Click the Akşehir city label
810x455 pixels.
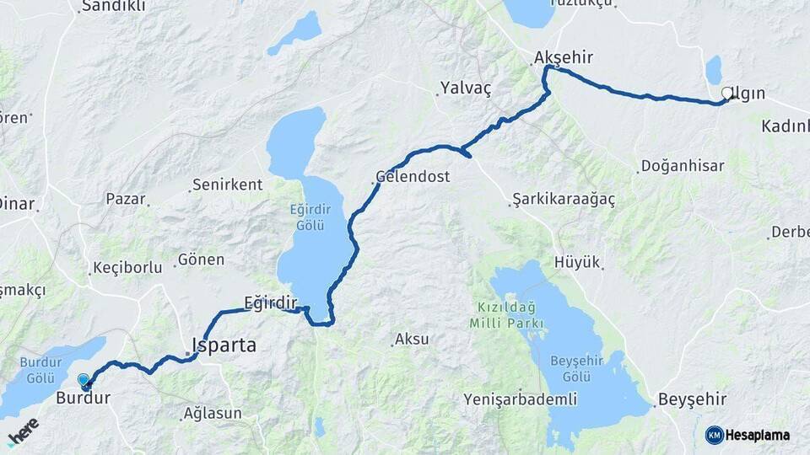pos(563,58)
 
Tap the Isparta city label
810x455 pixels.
pos(224,345)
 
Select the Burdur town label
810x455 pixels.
pos(83,398)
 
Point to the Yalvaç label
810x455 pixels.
pos(465,87)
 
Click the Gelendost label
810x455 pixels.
pos(413,178)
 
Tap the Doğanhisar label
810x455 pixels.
pos(683,166)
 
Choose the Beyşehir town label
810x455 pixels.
pos(691,399)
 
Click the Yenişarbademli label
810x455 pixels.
pos(520,399)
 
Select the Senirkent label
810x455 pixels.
pos(227,184)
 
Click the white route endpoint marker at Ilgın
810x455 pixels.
pos(727,94)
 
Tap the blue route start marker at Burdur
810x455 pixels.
pos(84,381)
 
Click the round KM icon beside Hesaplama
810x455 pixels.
pos(715,435)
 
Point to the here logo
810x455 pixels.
pos(23,431)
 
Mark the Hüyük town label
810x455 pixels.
pos(576,262)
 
